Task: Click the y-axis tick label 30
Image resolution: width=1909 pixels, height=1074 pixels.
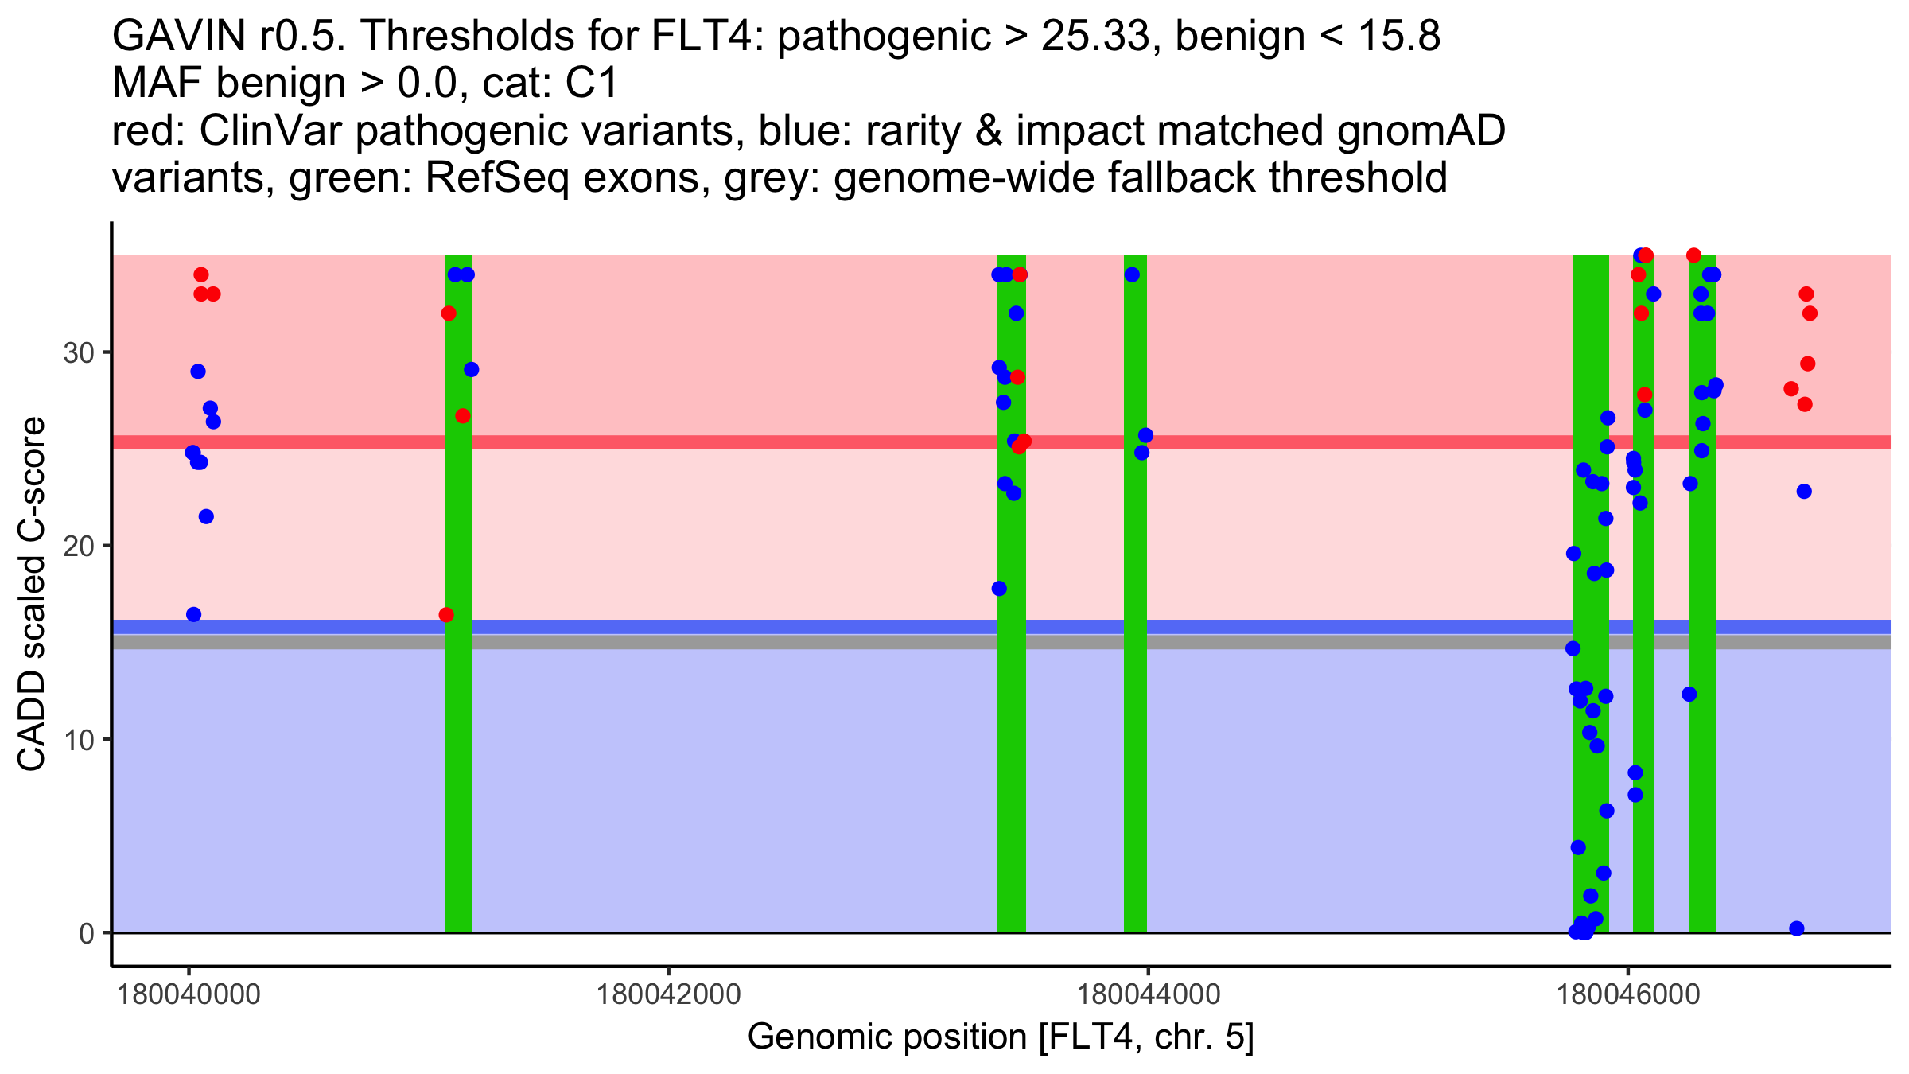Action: coord(78,352)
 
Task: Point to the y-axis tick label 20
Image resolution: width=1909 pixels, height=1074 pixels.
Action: coord(78,546)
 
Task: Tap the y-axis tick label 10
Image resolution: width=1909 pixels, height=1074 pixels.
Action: coord(78,740)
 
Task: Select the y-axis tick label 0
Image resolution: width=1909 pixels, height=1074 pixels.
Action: coord(87,933)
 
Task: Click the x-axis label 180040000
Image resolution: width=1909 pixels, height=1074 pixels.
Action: coord(189,994)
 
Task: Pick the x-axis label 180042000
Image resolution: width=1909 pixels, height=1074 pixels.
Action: coord(668,994)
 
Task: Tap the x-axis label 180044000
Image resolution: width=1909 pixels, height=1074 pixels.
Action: coord(1148,994)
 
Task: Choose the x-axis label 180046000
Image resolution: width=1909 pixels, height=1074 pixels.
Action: coord(1627,994)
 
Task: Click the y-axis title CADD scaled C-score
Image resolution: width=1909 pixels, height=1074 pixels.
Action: coord(32,594)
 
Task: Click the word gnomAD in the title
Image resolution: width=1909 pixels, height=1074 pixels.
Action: coord(1421,130)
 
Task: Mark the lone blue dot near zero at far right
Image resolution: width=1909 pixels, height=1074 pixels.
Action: coord(1796,928)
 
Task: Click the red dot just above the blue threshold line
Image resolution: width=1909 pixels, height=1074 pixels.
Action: coord(446,615)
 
